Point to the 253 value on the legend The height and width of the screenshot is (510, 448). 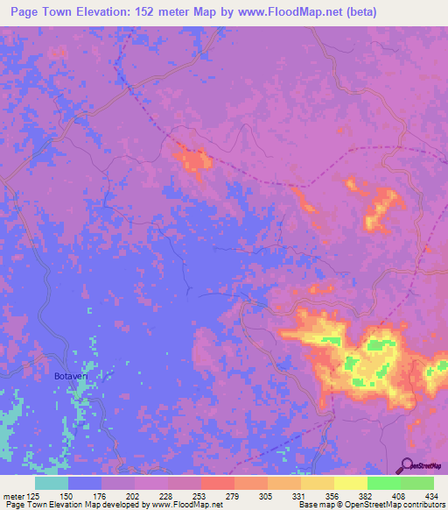coord(199,495)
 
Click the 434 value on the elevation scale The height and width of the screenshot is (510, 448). coord(431,495)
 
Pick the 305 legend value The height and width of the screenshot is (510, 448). coord(267,495)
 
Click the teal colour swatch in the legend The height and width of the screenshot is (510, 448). coord(52,483)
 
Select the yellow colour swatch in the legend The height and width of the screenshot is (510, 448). coord(350,483)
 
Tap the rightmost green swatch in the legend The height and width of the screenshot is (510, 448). coord(416,483)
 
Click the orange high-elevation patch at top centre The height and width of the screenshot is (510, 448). coord(194,159)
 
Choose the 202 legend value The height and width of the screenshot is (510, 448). coord(134,495)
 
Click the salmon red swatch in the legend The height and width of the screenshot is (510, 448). coord(217,483)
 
